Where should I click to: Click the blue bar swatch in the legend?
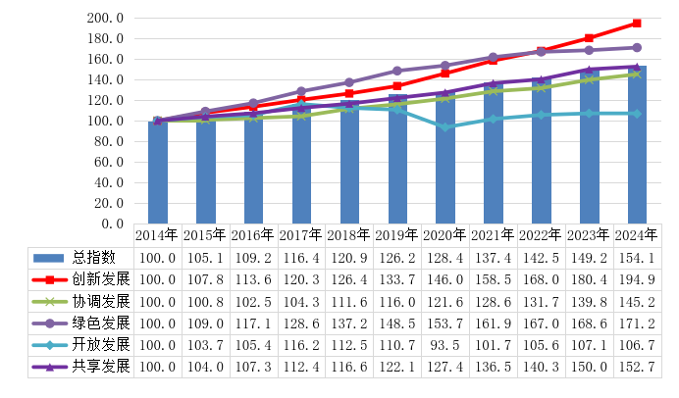(48, 258)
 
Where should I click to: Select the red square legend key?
(49, 280)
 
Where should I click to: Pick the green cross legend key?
(49, 302)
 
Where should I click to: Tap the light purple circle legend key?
(49, 323)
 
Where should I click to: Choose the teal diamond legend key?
(49, 345)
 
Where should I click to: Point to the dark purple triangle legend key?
(49, 367)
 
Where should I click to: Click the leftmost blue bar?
(158, 173)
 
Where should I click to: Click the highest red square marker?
(637, 23)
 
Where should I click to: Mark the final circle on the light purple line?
(637, 47)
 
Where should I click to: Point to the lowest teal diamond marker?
(445, 126)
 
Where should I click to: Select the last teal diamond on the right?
(637, 114)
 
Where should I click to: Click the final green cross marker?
(637, 75)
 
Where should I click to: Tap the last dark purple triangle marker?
(637, 67)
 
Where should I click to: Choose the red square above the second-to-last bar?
(589, 37)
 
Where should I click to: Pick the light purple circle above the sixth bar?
(397, 71)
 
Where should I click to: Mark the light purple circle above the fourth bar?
(301, 91)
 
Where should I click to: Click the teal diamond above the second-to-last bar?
(589, 114)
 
